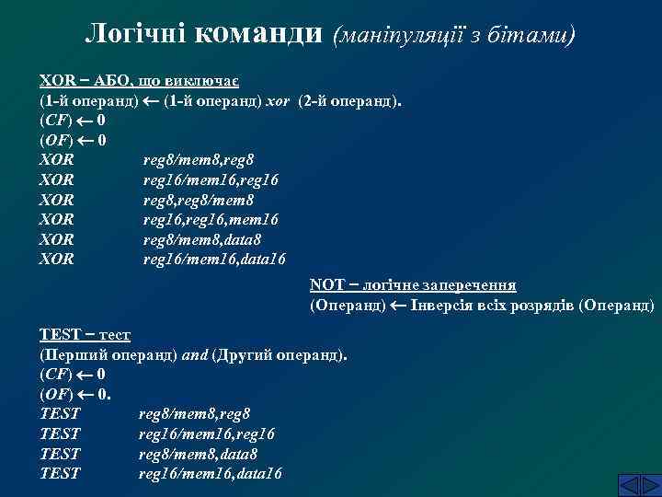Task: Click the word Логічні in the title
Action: pyautogui.click(x=139, y=34)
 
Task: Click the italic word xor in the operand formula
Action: pyautogui.click(x=277, y=99)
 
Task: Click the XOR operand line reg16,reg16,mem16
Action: pyautogui.click(x=211, y=219)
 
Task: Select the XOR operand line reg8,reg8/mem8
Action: pyautogui.click(x=199, y=200)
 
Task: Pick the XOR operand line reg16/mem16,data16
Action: pyautogui.click(x=214, y=260)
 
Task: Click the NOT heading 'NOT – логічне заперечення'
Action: pyautogui.click(x=413, y=285)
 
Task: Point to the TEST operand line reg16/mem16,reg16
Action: pyautogui.click(x=206, y=433)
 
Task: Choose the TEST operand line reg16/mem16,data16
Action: pyautogui.click(x=211, y=474)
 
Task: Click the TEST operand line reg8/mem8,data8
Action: pyautogui.click(x=198, y=454)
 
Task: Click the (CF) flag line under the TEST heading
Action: pyautogui.click(x=73, y=375)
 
